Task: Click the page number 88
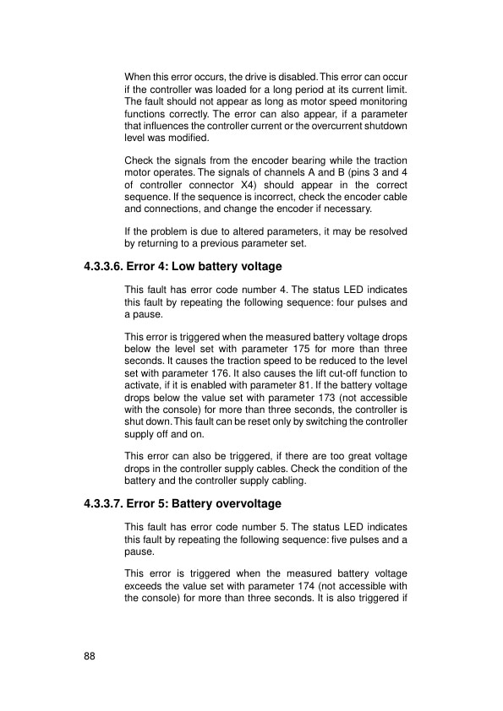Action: coord(90,656)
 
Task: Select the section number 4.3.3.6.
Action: coord(107,267)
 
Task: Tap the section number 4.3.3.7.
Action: coord(107,504)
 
